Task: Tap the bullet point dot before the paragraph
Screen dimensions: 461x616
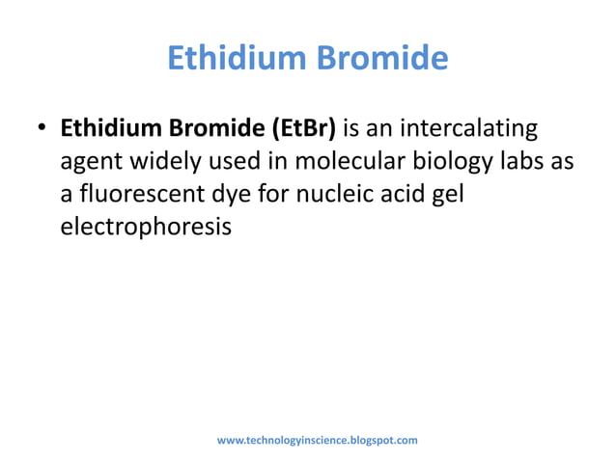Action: point(42,130)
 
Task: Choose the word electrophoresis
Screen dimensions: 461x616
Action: point(147,229)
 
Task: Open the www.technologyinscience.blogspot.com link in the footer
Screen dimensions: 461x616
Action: point(317,440)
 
